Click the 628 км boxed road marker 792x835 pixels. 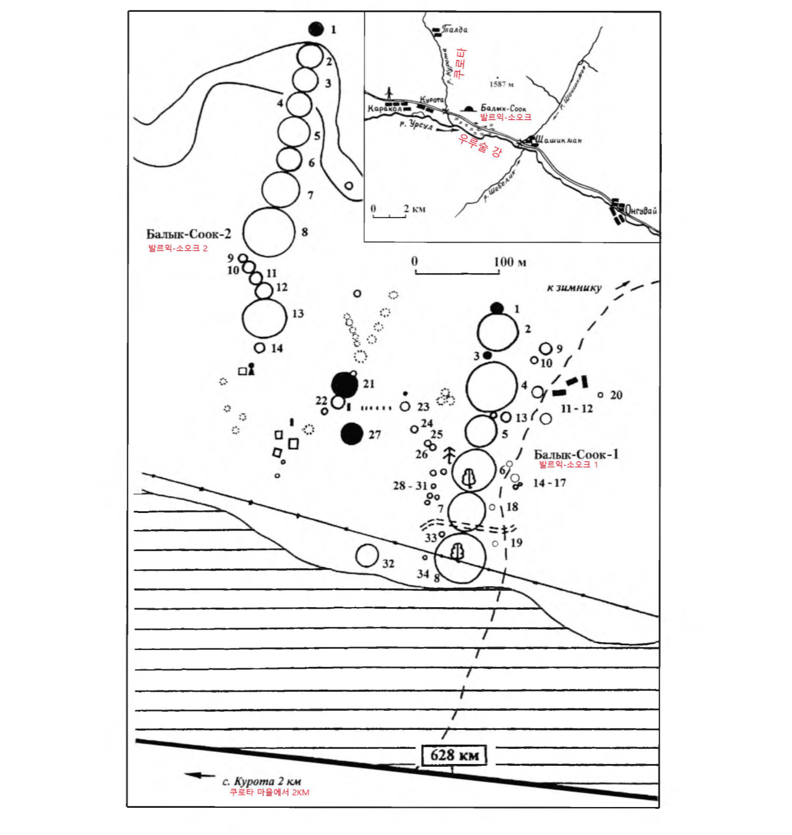tap(454, 755)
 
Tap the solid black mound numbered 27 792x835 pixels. tap(352, 434)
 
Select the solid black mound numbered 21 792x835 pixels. tap(344, 385)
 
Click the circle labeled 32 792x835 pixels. tap(367, 556)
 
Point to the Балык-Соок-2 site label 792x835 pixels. tap(189, 234)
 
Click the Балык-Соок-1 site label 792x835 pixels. tap(576, 454)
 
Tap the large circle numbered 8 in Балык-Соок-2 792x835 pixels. tap(269, 232)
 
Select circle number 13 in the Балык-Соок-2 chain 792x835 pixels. tap(264, 318)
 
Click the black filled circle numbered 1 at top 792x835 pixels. tap(316, 29)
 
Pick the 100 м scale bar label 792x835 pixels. tap(510, 262)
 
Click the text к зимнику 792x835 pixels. tap(574, 287)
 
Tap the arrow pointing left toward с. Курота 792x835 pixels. tap(199, 775)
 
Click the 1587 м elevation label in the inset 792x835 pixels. tap(501, 84)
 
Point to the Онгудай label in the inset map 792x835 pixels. tap(641, 211)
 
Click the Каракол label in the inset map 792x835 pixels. tap(385, 108)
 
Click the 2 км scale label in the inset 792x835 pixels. tap(415, 209)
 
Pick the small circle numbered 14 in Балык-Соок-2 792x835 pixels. tap(260, 348)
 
